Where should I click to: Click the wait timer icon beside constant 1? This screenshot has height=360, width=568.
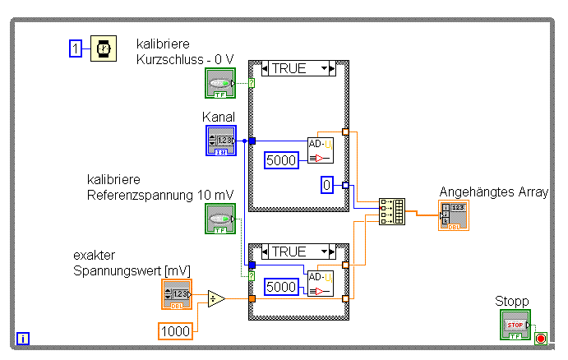(x=103, y=49)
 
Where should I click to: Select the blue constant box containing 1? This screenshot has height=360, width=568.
(x=76, y=49)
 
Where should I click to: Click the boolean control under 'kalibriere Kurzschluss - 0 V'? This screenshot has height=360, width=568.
(x=220, y=84)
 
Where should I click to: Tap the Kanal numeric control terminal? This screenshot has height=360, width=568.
(x=220, y=140)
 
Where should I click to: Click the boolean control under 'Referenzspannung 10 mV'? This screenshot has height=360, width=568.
(x=220, y=219)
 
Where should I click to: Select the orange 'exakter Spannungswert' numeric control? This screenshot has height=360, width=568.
(x=177, y=294)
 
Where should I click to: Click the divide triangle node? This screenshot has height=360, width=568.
(x=216, y=298)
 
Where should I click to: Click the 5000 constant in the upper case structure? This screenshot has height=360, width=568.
(x=281, y=160)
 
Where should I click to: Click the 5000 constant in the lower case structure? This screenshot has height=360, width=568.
(x=281, y=288)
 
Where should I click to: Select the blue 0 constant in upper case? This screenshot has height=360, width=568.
(x=326, y=186)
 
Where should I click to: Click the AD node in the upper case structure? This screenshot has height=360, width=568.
(x=321, y=150)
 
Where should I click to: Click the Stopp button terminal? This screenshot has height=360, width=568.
(x=515, y=325)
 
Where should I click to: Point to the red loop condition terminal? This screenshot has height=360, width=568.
(x=540, y=338)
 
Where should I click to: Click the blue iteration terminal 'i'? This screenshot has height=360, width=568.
(x=23, y=337)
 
